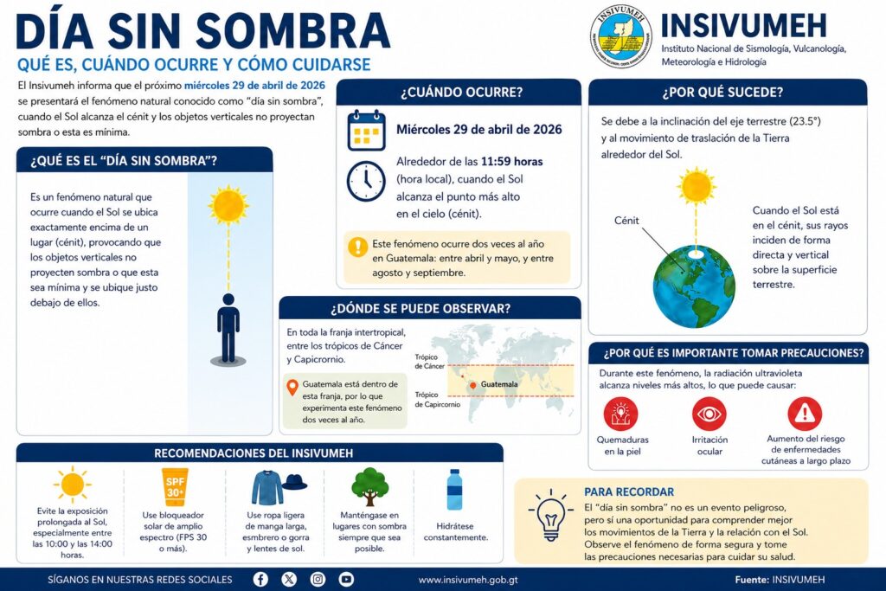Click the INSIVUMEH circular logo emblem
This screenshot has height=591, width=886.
620,36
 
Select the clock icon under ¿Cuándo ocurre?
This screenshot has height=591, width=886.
365,181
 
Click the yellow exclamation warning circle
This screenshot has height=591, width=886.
357,246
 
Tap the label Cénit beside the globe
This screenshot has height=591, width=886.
626,221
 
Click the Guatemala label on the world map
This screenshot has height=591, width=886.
498,383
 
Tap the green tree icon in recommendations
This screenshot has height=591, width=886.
369,486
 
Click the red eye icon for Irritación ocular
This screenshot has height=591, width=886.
709,414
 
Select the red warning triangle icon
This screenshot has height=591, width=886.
805,414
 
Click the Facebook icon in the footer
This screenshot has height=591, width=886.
260,580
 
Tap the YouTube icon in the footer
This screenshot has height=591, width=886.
346,580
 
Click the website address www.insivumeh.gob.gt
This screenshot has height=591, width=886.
468,580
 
